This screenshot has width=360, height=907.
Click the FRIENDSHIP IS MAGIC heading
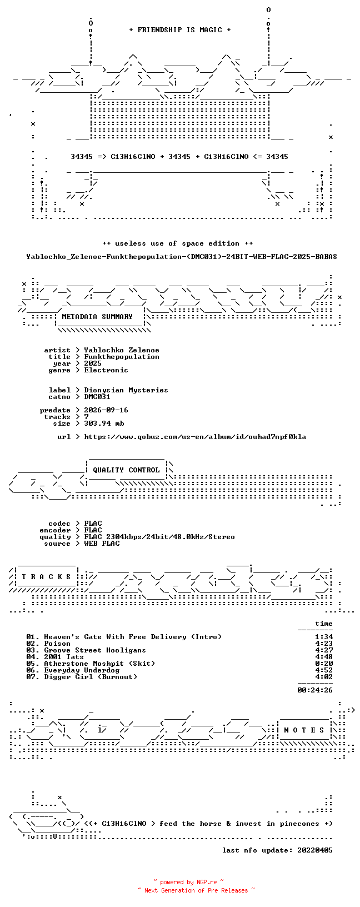pyautogui.click(x=180, y=30)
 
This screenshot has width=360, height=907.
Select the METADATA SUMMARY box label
pyautogui.click(x=97, y=317)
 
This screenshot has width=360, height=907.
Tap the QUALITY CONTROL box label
pyautogui.click(x=126, y=470)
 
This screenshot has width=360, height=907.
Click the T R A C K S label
pyautogui.click(x=46, y=576)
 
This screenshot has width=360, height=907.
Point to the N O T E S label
pyautogui.click(x=304, y=730)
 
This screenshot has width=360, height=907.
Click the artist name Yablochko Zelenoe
pyautogui.click(x=122, y=350)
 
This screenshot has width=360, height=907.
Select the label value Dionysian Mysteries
pyautogui.click(x=126, y=390)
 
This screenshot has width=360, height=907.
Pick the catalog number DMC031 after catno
pyautogui.click(x=97, y=397)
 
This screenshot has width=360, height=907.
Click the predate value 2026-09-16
pyautogui.click(x=106, y=410)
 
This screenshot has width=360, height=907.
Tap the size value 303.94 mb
pyautogui.click(x=104, y=423)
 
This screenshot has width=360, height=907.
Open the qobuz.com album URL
pyautogui.click(x=195, y=437)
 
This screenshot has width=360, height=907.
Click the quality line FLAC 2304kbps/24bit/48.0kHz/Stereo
pyautogui.click(x=159, y=537)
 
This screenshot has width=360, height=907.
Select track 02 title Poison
pyautogui.click(x=57, y=644)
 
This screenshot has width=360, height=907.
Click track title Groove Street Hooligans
pyautogui.click(x=95, y=650)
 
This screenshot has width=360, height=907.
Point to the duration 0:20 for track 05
pyautogui.click(x=324, y=664)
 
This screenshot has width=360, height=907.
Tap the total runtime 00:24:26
pyautogui.click(x=315, y=690)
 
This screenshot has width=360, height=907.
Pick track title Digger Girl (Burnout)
pyautogui.click(x=91, y=677)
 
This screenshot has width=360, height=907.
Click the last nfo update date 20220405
pyautogui.click(x=315, y=850)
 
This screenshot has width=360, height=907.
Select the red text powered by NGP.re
pyautogui.click(x=189, y=883)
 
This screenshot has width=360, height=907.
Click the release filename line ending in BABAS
pyautogui.click(x=182, y=257)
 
